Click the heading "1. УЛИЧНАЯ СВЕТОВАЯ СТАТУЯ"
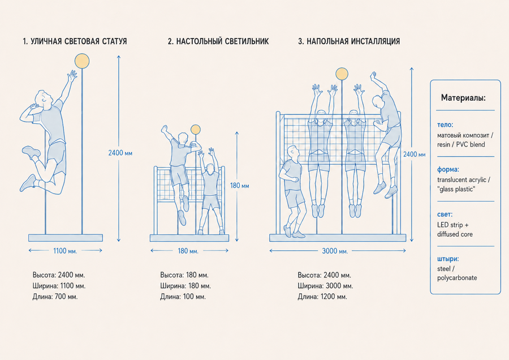coord(75,41)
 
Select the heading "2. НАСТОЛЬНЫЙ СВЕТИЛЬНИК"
coord(218,41)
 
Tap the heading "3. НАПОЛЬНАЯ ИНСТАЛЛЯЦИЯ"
coord(349,41)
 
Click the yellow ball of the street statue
coord(82,61)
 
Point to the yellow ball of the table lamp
coord(196,130)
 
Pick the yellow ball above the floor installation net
coord(342,74)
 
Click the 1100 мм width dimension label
coord(65,251)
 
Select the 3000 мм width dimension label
coord(335,251)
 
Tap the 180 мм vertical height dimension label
coord(240,186)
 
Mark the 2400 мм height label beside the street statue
coord(120,153)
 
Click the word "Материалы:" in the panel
coord(464,98)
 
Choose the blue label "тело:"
coord(445,125)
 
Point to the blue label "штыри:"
coord(448,259)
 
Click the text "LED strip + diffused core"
coord(455,229)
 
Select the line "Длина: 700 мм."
coord(55,297)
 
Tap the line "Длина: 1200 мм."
coord(322,297)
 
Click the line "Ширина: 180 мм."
coord(186,286)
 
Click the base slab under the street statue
coord(66,238)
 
